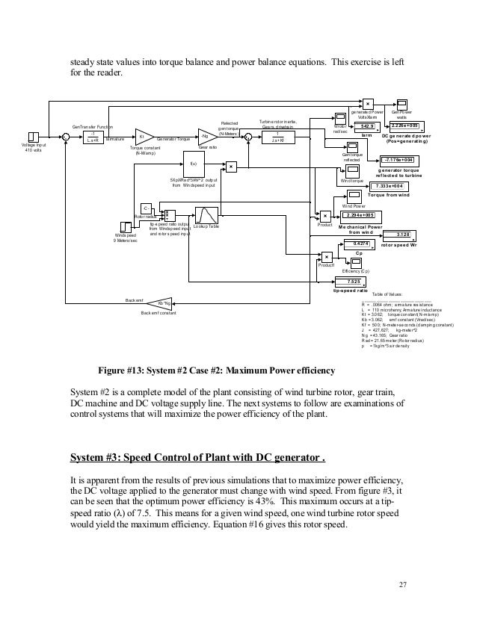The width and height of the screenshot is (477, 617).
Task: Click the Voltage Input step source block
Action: [x=33, y=137]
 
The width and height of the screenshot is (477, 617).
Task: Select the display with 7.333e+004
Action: [x=390, y=186]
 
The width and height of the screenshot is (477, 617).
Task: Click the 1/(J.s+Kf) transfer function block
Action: [x=277, y=137]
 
